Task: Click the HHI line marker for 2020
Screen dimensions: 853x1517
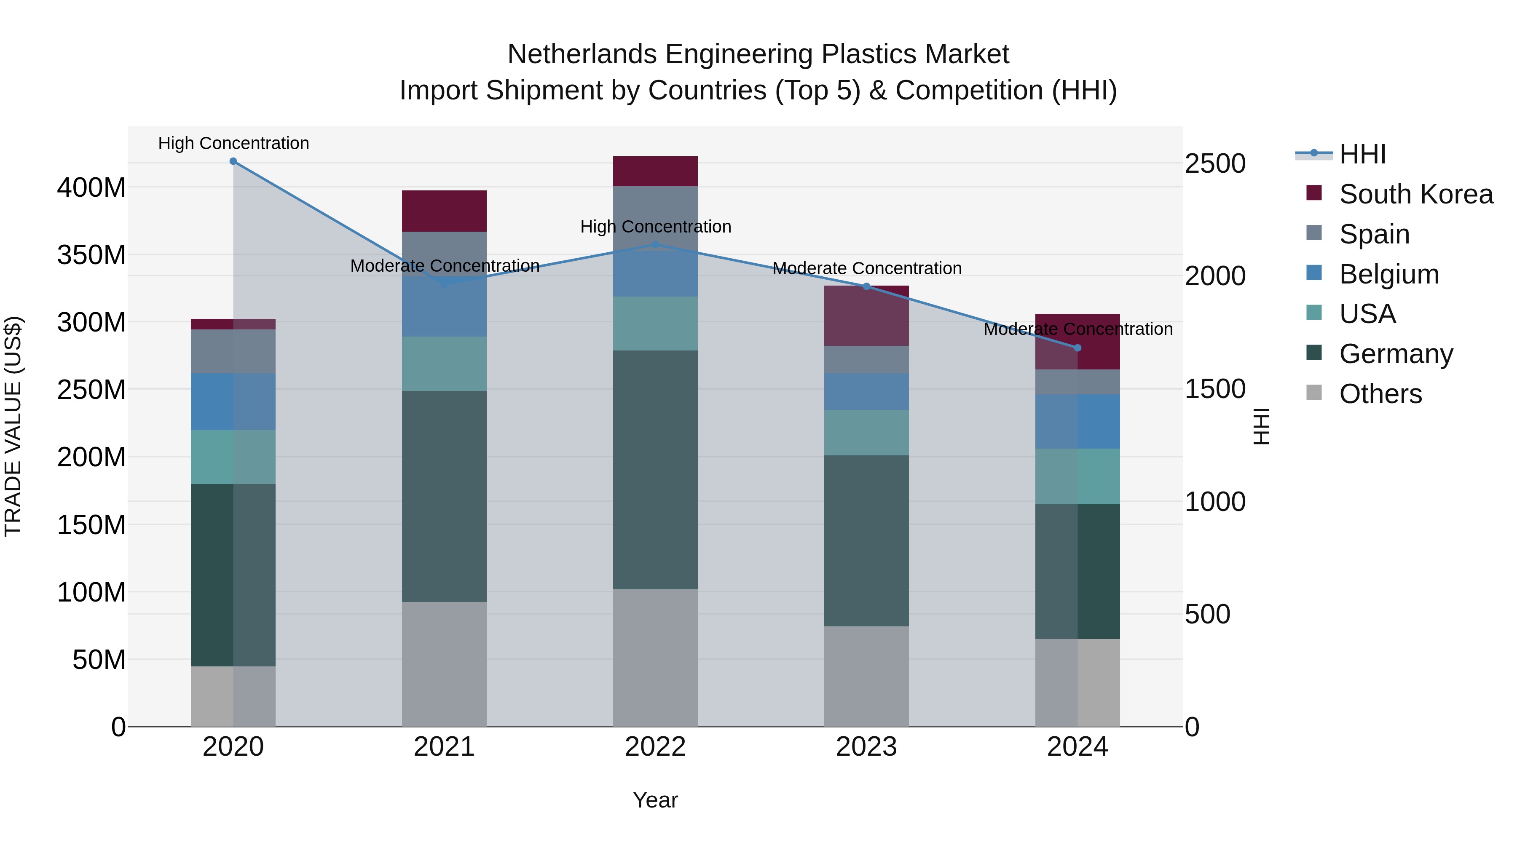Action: click(x=233, y=161)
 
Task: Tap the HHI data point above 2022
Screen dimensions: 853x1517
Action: click(x=655, y=245)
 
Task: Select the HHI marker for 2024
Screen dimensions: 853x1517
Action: click(x=1077, y=348)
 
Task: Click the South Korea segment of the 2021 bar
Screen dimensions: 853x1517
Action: click(x=444, y=211)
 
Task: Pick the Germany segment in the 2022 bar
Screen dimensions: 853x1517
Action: click(x=655, y=470)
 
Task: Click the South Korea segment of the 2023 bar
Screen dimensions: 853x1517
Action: click(x=866, y=316)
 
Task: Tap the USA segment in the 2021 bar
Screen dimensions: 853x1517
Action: click(x=444, y=364)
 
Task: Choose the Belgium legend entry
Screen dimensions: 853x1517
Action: click(x=1388, y=274)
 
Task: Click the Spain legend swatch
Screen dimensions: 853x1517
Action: click(x=1314, y=233)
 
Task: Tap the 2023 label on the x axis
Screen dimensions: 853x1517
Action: click(x=866, y=747)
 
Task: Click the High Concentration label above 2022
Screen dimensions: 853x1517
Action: click(x=655, y=227)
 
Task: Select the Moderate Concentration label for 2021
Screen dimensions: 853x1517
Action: click(x=445, y=266)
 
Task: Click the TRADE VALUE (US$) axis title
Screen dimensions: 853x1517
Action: click(x=13, y=426)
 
